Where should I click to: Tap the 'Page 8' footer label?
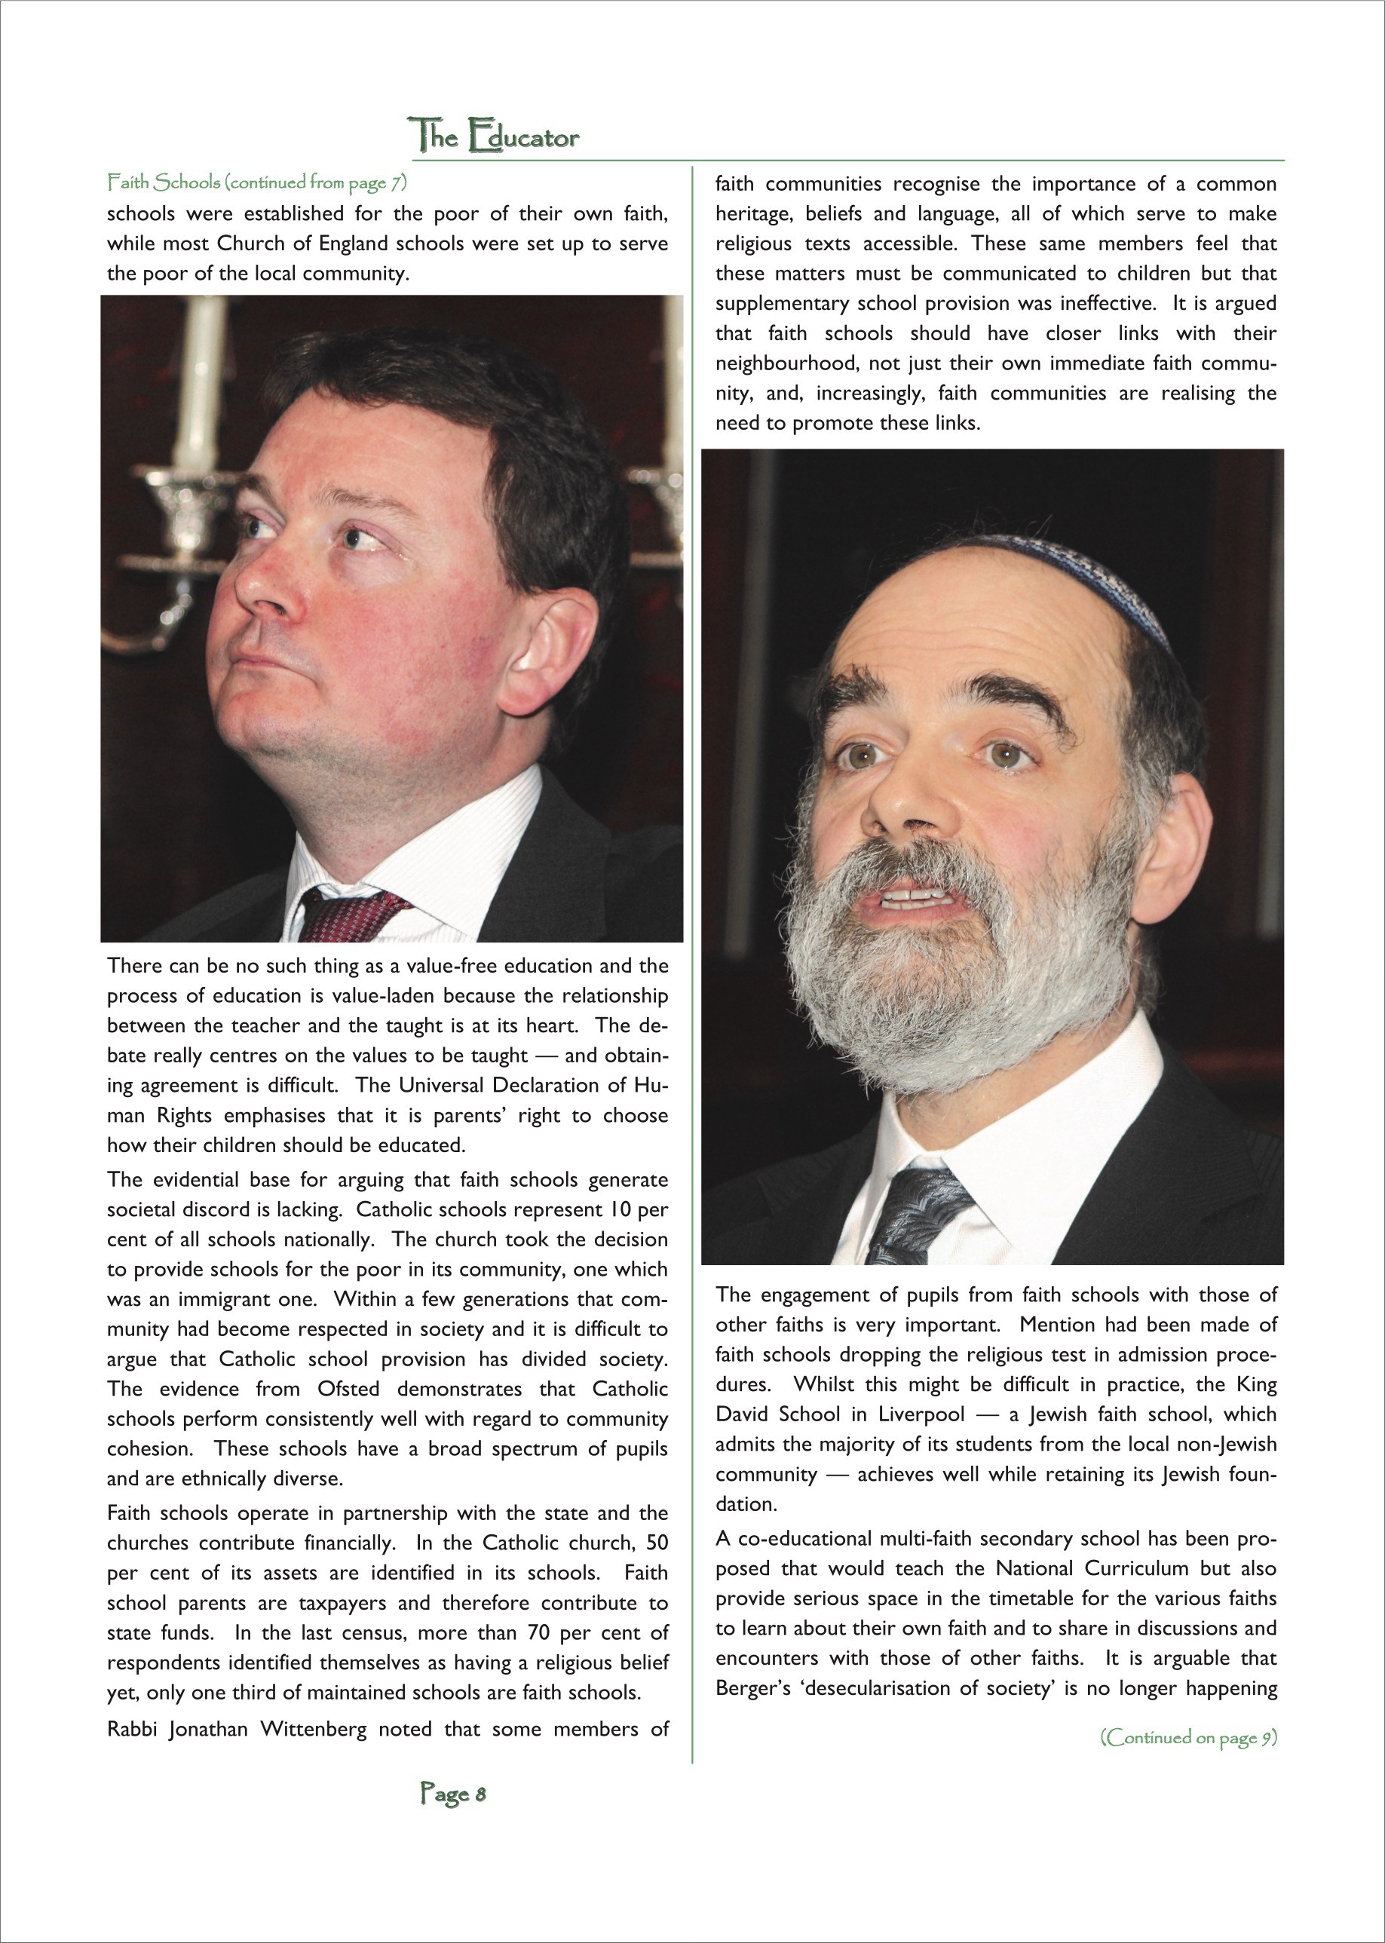453,1794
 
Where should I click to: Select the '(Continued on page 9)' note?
1189,1736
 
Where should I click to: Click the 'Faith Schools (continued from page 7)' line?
256,182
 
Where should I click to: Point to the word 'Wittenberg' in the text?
313,1729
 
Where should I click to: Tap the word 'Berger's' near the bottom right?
755,1688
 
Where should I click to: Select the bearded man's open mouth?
912,899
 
